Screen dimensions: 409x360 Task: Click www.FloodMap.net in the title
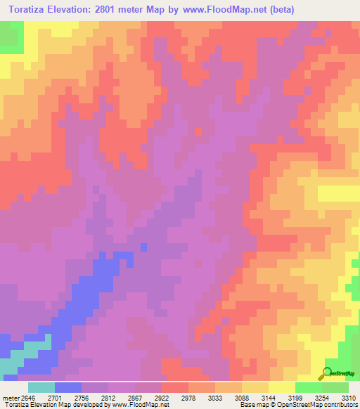(x=230, y=9)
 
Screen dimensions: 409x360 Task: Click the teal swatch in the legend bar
(x=41, y=387)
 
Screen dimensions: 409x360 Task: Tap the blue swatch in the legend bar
(x=68, y=387)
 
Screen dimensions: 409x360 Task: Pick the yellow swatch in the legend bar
(x=282, y=387)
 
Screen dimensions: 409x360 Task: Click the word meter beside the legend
(x=11, y=397)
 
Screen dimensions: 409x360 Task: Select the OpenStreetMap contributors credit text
(x=322, y=405)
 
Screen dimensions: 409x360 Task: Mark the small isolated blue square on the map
(x=144, y=247)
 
